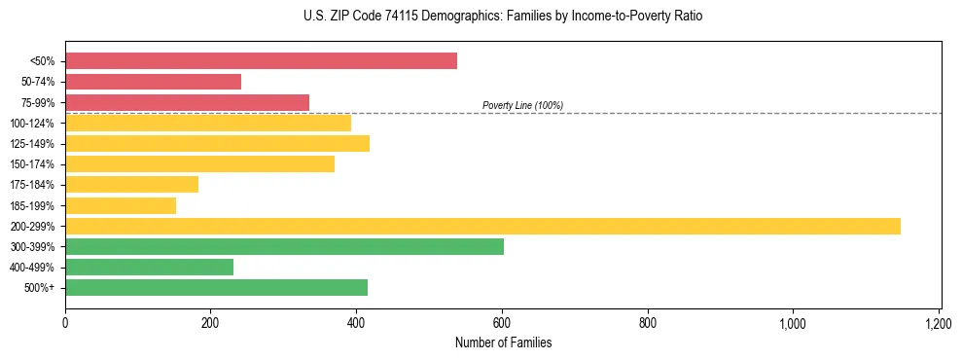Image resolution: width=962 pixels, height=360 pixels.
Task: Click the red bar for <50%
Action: pyautogui.click(x=261, y=61)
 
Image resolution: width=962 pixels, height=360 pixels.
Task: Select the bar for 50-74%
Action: pyautogui.click(x=153, y=82)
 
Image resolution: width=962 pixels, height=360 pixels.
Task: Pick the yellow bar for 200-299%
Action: pyautogui.click(x=482, y=226)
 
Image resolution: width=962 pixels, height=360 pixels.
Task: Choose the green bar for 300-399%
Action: pyautogui.click(x=284, y=246)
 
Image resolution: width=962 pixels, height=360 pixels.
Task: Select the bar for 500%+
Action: pyautogui.click(x=216, y=287)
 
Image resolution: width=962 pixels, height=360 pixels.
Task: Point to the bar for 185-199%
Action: pyautogui.click(x=121, y=205)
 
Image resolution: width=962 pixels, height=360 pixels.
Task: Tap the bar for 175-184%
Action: pyautogui.click(x=131, y=184)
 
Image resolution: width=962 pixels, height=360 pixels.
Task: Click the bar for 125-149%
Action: pyautogui.click(x=217, y=143)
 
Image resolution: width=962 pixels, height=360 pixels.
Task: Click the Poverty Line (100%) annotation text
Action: pyautogui.click(x=522, y=105)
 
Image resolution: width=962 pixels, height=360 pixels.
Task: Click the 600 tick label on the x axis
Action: pyautogui.click(x=502, y=323)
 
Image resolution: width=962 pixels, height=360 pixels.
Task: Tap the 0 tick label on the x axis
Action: pyautogui.click(x=65, y=323)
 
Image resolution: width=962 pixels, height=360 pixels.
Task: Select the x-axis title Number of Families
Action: pyautogui.click(x=503, y=342)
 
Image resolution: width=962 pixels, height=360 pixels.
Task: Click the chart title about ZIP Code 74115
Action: pyautogui.click(x=503, y=17)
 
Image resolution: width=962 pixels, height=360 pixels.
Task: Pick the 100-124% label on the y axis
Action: pyautogui.click(x=32, y=124)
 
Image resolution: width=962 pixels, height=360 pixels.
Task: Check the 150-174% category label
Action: pyautogui.click(x=32, y=164)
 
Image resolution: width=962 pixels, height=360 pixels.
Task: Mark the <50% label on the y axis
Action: pyautogui.click(x=43, y=61)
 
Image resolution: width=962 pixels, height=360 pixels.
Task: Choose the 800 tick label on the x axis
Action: pyautogui.click(x=648, y=323)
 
